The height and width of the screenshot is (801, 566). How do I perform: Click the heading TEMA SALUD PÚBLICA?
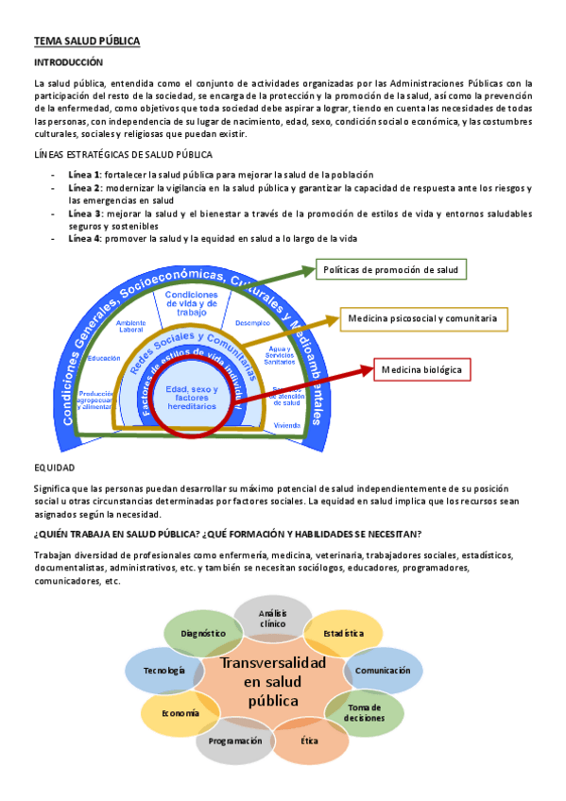coord(87,42)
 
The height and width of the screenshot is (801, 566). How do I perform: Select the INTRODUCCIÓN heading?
coord(68,61)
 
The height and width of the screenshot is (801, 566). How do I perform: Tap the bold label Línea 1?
coord(85,175)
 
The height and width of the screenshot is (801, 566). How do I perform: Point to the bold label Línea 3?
coord(85,213)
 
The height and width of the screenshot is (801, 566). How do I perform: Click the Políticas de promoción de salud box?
coord(390,270)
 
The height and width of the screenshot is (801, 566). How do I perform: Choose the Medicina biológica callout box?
coord(421,369)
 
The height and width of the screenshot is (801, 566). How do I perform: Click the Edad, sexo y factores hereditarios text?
coord(191,398)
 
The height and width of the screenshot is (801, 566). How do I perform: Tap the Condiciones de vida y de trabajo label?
coord(192,303)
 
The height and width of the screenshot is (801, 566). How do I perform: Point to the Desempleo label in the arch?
coord(252,323)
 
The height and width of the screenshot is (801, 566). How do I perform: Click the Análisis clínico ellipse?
coord(272,619)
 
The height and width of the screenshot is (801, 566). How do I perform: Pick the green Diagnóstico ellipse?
coord(202,633)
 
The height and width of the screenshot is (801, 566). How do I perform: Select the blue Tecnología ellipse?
coord(163,670)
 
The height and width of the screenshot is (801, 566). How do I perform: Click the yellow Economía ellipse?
coord(180,713)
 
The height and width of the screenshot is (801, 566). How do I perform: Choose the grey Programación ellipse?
coord(235,741)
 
